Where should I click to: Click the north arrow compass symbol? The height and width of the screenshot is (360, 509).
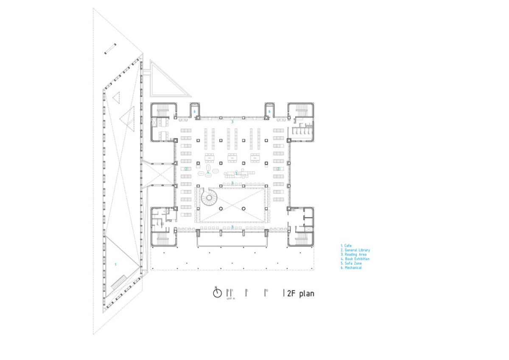coord(217,293)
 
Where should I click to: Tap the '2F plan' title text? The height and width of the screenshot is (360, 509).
coord(300,293)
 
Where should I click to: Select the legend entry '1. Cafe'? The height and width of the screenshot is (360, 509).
coord(347,245)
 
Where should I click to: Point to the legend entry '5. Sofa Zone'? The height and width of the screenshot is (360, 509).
coord(351,263)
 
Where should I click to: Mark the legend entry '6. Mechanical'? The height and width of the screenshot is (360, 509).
coord(352,268)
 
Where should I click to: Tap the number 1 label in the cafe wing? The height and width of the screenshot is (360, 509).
coord(115,264)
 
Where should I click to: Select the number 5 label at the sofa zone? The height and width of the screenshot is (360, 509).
coord(236,173)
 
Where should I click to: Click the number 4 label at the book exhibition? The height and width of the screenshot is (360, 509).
coord(208,172)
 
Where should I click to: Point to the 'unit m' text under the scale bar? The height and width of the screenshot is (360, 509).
coord(231,298)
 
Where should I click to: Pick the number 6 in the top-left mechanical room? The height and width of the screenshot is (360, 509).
coord(195,112)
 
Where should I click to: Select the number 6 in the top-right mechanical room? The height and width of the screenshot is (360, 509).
coord(269,112)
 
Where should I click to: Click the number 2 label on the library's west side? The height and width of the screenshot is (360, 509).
coord(186,169)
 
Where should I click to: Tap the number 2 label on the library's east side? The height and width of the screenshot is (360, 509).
coord(278,169)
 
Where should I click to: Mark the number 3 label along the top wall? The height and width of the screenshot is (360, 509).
coord(232,122)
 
